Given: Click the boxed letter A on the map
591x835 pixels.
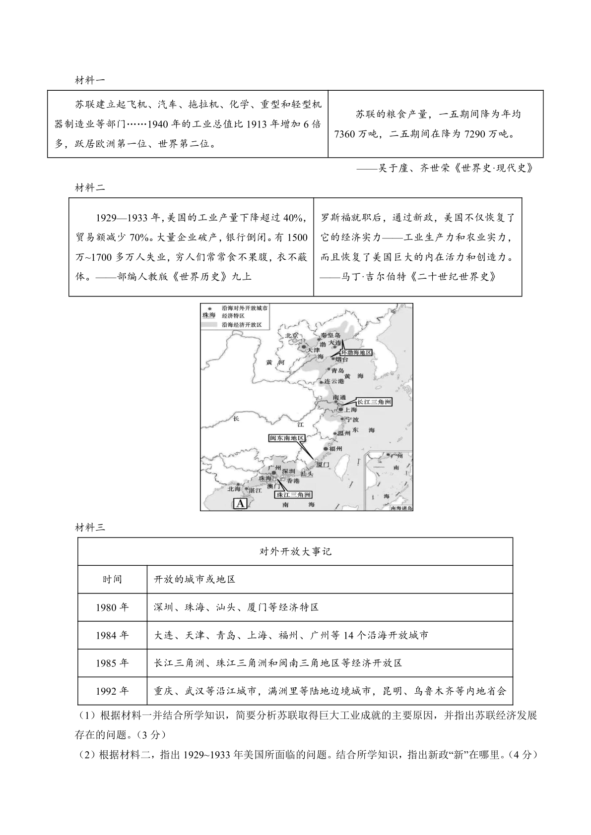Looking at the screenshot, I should point(240,504).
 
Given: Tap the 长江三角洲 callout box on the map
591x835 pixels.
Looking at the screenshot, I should point(374,402).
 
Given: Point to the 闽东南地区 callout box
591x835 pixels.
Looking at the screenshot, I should point(286,438).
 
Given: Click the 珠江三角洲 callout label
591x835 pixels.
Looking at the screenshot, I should point(294,495).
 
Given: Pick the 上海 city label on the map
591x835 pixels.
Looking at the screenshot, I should point(350,410).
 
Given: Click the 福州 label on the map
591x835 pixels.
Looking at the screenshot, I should point(335,449).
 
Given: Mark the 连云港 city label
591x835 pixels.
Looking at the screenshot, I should point(333,381).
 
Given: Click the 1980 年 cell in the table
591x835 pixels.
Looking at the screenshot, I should point(112,607).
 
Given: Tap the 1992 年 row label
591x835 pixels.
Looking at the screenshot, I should point(112,691).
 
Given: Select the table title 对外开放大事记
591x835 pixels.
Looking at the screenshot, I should point(295,551).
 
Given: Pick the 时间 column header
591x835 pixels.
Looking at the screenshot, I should point(112,579).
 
